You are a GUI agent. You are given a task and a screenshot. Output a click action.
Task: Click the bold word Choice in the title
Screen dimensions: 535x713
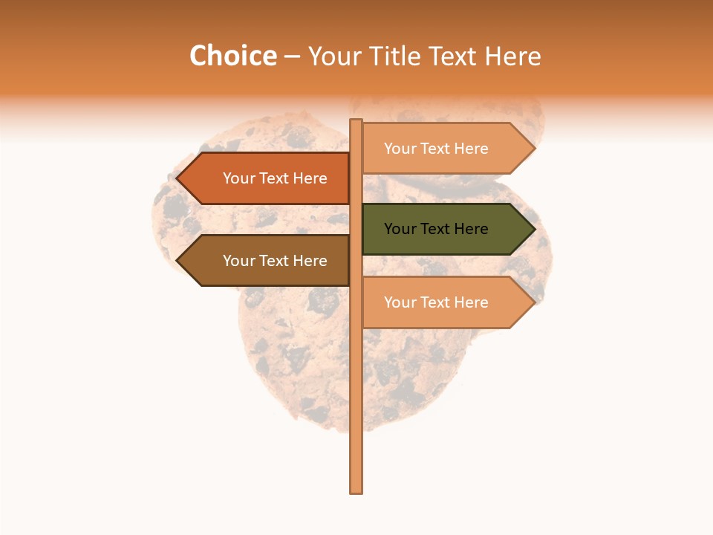click(x=232, y=56)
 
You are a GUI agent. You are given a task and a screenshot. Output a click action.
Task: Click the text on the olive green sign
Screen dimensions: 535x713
click(x=436, y=229)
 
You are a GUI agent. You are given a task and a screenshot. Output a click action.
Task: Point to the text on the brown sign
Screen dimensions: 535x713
click(x=275, y=261)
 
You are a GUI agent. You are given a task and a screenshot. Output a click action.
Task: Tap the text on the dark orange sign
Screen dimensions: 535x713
click(x=275, y=178)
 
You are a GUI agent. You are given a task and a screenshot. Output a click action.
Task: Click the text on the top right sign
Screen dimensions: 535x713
click(x=436, y=149)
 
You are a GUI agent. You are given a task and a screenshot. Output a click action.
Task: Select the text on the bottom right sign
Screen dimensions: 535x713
click(x=436, y=302)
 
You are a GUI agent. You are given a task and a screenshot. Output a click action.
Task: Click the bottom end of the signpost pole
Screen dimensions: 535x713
click(x=356, y=490)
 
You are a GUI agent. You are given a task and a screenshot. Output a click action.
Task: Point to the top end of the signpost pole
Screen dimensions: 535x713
click(x=356, y=122)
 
